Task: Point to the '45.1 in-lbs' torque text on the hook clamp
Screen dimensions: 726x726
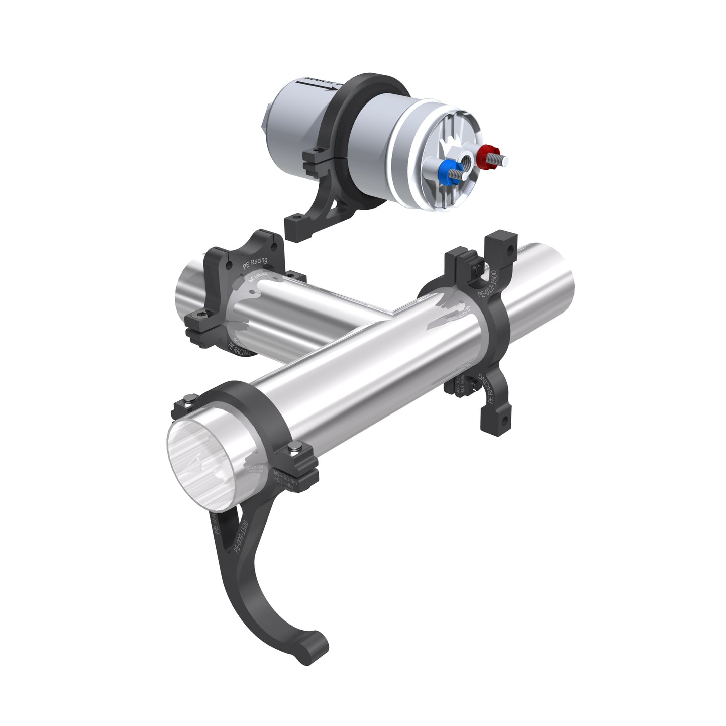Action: point(284,483)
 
